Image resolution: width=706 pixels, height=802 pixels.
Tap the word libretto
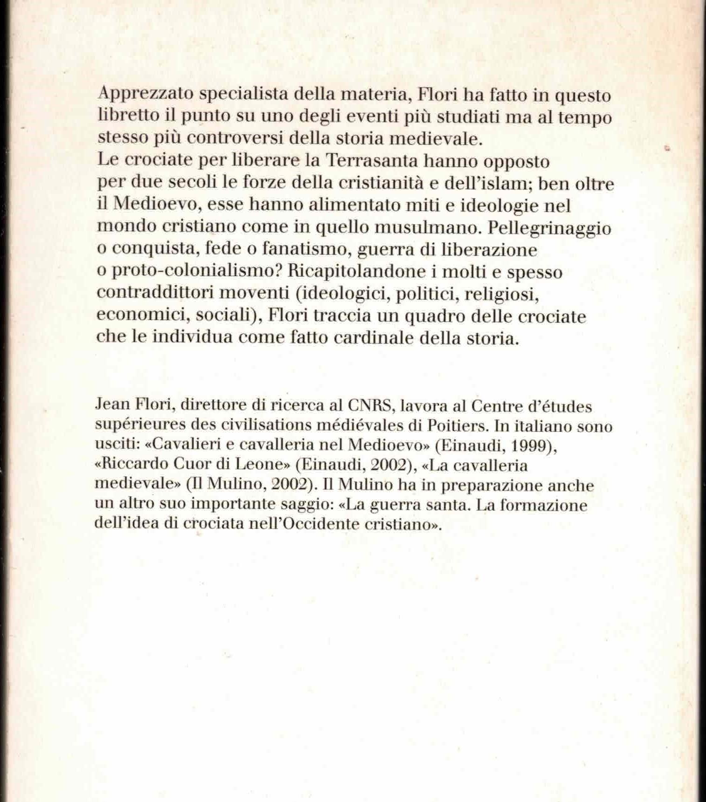128,117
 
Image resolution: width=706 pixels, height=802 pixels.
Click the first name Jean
111,404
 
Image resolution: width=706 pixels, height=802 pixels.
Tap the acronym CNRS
371,405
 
